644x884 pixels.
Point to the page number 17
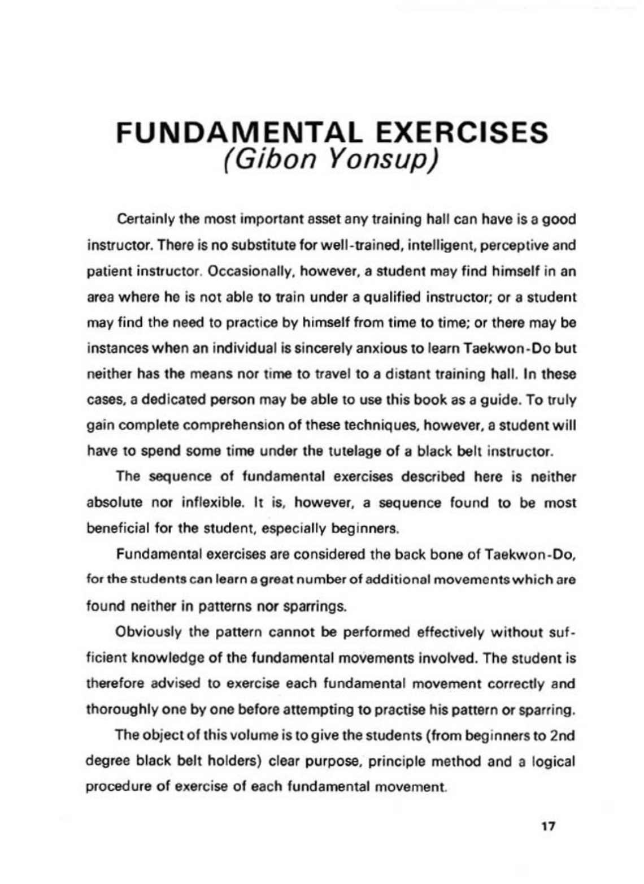[548, 826]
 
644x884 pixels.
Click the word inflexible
[204, 502]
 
